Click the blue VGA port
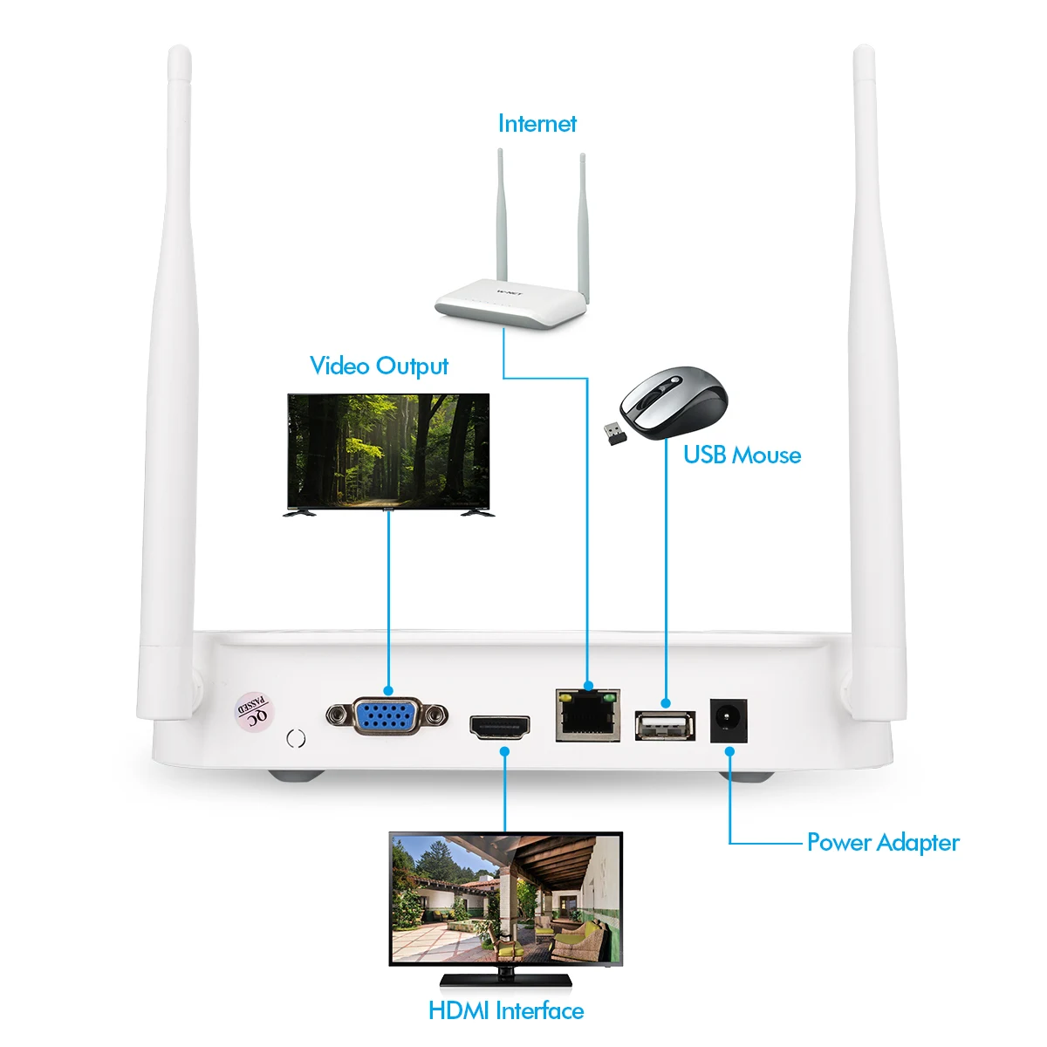coord(387,717)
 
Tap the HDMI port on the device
coord(500,727)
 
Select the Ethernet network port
coord(587,715)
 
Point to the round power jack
coord(729,721)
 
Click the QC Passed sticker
coord(255,710)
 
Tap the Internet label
coord(537,124)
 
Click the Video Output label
coord(379,366)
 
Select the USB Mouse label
coord(742,455)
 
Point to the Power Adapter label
coord(883,843)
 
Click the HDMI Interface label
coord(506,1010)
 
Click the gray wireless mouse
coord(674,402)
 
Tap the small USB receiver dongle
coord(614,434)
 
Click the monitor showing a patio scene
coord(506,899)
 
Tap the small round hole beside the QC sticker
coord(296,738)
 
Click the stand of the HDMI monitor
coord(506,978)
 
